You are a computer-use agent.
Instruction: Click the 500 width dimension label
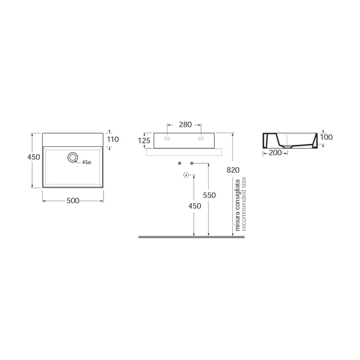(73, 201)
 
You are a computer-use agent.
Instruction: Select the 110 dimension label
(113, 139)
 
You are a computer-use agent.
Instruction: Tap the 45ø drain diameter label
(86, 162)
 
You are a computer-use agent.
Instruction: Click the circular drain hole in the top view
(73, 157)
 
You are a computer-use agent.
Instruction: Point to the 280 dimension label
(185, 125)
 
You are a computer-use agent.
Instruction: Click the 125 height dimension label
(144, 140)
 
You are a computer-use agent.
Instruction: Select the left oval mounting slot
(167, 138)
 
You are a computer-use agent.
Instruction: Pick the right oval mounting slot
(201, 138)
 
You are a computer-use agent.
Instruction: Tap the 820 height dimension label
(233, 170)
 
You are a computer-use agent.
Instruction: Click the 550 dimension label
(209, 195)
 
